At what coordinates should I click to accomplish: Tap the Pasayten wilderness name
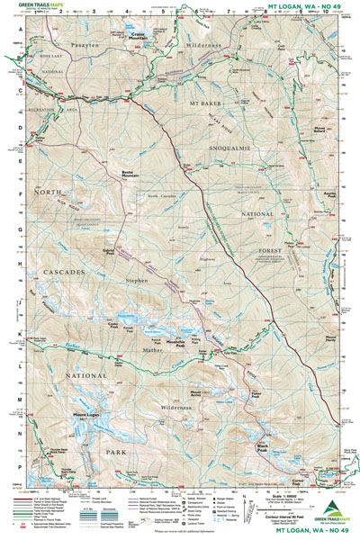(x=57, y=42)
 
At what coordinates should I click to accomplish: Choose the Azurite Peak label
(x=305, y=195)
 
